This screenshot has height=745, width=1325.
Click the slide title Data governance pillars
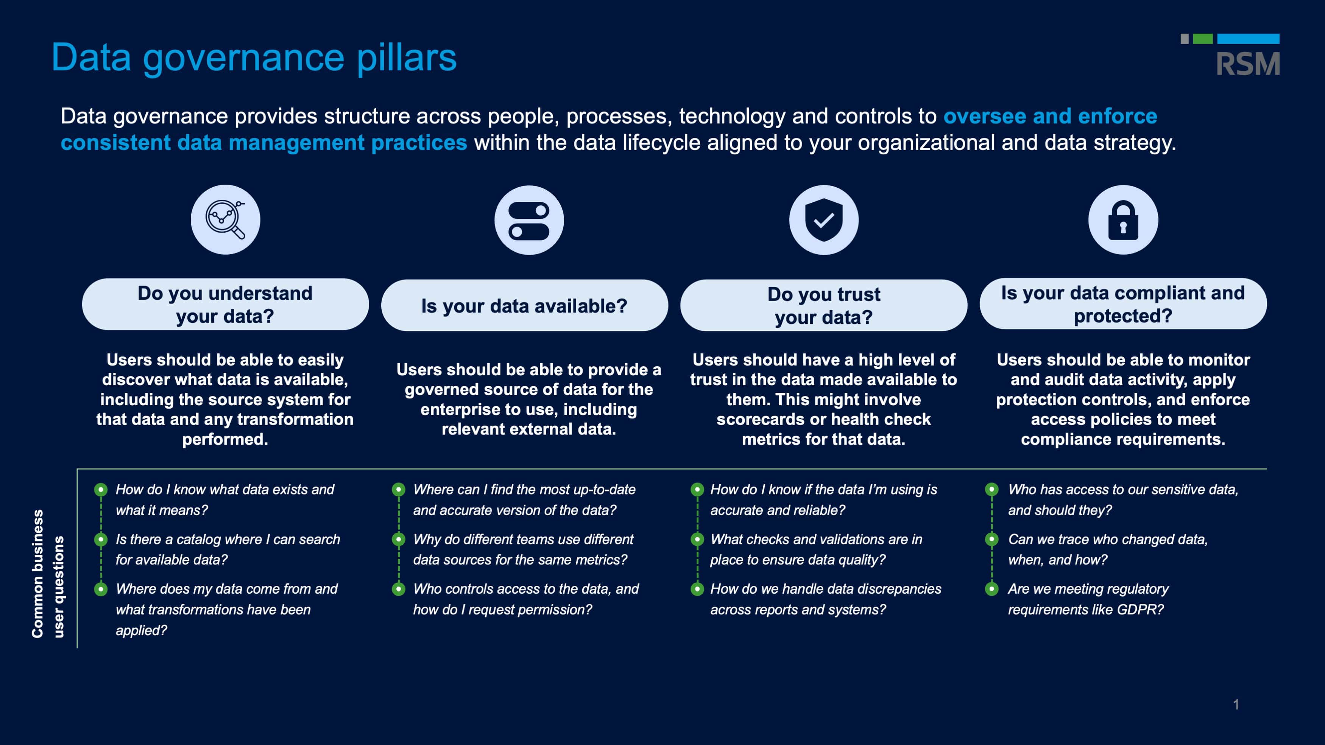pos(254,58)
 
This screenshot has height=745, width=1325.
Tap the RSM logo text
pos(1248,64)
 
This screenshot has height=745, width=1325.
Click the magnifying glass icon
pos(225,219)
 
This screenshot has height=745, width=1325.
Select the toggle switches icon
pos(529,221)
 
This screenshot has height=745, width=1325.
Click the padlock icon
pos(1123,220)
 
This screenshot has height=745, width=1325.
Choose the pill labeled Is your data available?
pos(524,305)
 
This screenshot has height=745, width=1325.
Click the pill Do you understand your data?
pos(225,304)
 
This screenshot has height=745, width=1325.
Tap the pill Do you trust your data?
pos(823,305)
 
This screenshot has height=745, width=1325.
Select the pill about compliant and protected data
pos(1123,304)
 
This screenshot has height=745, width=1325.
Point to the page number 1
pos(1236,705)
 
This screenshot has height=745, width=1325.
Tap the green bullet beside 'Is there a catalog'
pos(101,539)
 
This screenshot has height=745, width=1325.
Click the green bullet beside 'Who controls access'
pos(399,589)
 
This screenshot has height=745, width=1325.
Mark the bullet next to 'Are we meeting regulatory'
pos(992,589)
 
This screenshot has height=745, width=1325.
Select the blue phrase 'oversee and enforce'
pos(1050,116)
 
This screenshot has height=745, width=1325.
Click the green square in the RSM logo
pos(1203,39)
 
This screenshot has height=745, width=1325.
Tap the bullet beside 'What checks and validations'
pos(697,539)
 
